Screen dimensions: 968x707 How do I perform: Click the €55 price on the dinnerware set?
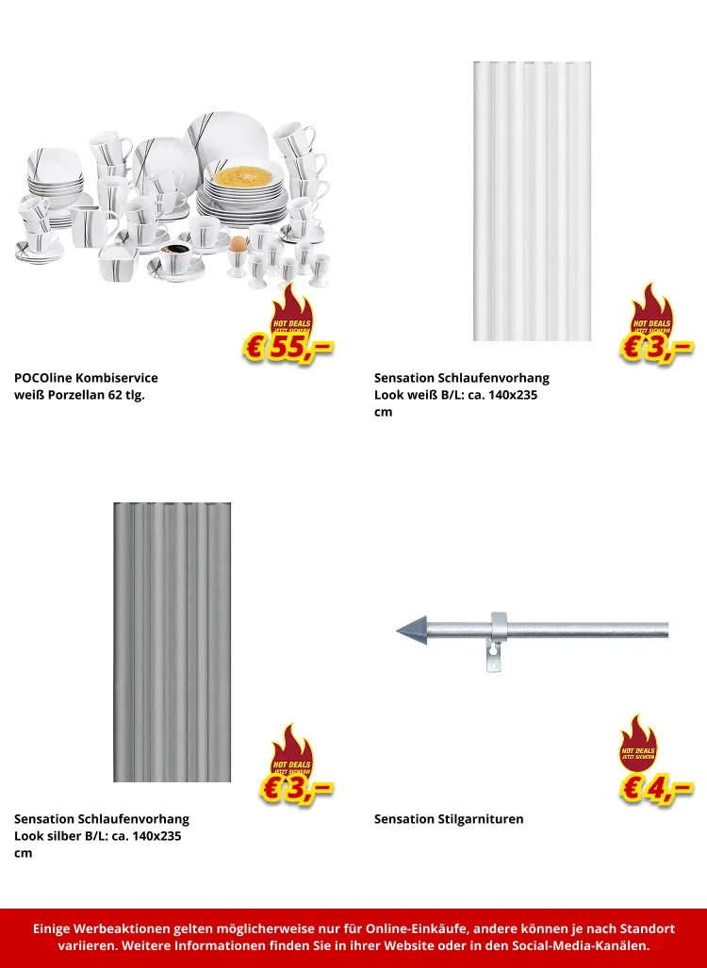[x=288, y=347]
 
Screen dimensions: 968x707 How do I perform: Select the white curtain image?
[x=532, y=201]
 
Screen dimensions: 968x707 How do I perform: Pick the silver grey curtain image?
[x=173, y=641]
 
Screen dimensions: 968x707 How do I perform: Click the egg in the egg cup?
[x=238, y=244]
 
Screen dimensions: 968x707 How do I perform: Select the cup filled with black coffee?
[x=174, y=252]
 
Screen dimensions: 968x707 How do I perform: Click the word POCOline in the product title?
[x=44, y=378]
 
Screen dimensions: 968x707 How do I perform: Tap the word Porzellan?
[x=77, y=395]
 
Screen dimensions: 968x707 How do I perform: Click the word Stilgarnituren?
[x=481, y=819]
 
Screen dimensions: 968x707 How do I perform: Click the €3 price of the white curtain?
[x=657, y=347]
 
